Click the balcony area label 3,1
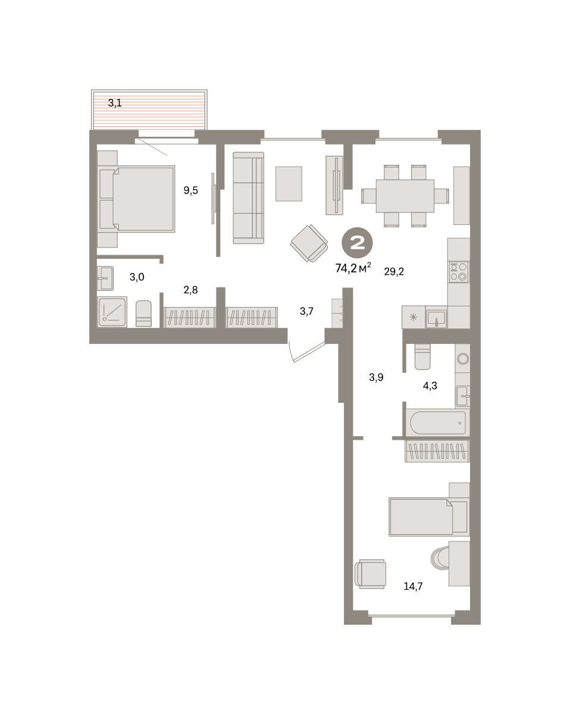115,103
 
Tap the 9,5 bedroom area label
191,190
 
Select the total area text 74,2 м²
353,267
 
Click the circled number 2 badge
357,243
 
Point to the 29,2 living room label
394,272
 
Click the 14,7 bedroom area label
413,586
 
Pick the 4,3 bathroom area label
430,386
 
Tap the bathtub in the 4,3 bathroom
438,422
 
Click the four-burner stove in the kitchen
458,272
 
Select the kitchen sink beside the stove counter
436,318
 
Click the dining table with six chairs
405,196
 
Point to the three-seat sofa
249,198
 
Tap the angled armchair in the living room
309,243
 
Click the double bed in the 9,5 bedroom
136,199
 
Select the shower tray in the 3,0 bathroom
112,312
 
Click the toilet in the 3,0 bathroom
143,314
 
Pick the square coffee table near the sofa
289,184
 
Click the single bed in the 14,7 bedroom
429,516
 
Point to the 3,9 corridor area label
376,377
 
